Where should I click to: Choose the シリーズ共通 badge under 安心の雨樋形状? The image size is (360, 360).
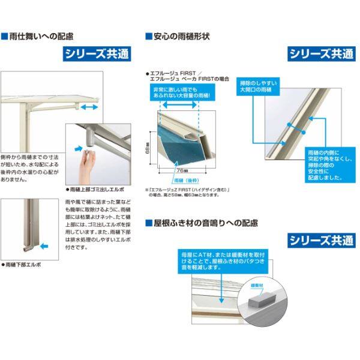click(x=320, y=54)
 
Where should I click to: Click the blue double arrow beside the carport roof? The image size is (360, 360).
click(x=91, y=106)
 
